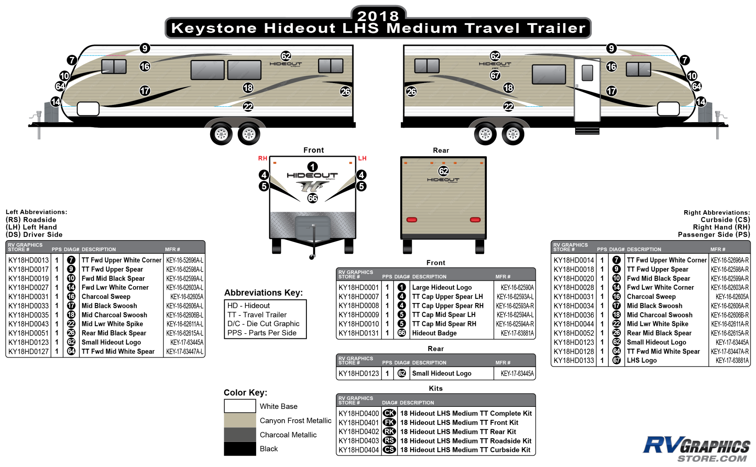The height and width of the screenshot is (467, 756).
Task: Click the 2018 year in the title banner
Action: [378, 15]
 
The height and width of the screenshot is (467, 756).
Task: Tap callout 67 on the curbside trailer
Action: [495, 75]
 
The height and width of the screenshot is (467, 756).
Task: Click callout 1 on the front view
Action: [312, 167]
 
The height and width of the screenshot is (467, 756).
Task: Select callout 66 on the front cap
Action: [312, 198]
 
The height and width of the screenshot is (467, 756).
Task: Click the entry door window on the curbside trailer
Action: [587, 73]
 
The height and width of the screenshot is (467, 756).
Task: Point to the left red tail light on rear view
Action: [412, 220]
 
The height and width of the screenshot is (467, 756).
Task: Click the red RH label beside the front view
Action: [262, 158]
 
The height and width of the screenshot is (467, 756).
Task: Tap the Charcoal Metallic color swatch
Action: [240, 435]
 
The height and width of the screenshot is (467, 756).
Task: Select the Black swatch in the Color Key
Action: [240, 449]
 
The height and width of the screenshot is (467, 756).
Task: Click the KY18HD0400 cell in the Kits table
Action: [359, 413]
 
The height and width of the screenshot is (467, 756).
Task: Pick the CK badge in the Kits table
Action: [389, 413]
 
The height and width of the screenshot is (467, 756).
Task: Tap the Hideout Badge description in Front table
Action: [434, 333]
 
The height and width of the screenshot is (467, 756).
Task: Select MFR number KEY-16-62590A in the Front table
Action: [517, 288]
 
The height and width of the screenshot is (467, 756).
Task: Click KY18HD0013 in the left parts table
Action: [28, 260]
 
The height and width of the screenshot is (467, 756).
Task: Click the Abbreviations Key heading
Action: [263, 292]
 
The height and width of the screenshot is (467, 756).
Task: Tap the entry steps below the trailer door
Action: [587, 130]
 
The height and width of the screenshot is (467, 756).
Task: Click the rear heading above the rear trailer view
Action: [441, 150]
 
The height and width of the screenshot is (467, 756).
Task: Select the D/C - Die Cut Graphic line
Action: [263, 324]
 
